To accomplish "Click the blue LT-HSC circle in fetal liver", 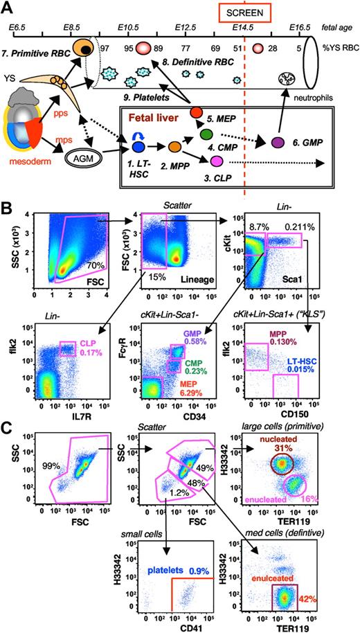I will [x=137, y=147].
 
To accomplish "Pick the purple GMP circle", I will [x=278, y=142].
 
